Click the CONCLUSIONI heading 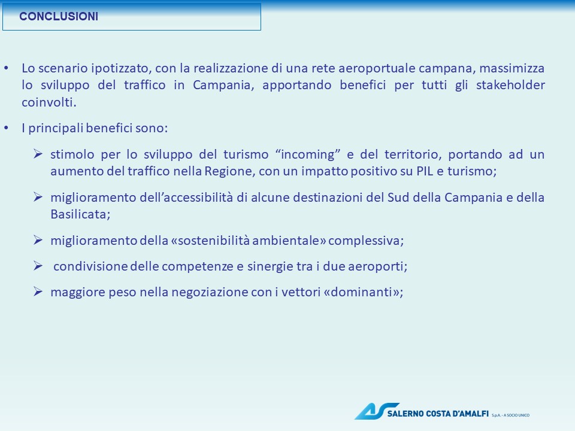[59, 17]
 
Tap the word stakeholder [510, 85]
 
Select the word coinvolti [49, 102]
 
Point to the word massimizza [512, 68]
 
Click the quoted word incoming [308, 154]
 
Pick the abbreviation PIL [425, 171]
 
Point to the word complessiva [366, 241]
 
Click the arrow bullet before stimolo [38, 154]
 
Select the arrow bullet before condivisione [38, 266]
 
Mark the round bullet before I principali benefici [6, 128]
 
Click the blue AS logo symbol [376, 411]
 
